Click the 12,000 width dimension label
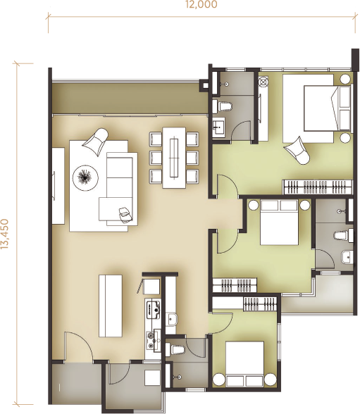click(x=201, y=4)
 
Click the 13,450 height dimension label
click(x=5, y=234)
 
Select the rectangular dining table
click(x=174, y=158)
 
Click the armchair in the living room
click(x=97, y=139)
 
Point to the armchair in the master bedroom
click(x=297, y=150)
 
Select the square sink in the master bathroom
click(x=218, y=128)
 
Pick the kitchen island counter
click(x=111, y=306)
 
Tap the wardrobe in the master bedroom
click(x=318, y=187)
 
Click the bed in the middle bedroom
click(x=279, y=222)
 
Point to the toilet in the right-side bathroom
click(x=343, y=235)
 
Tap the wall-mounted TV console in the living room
click(x=58, y=186)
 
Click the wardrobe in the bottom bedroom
click(x=245, y=303)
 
